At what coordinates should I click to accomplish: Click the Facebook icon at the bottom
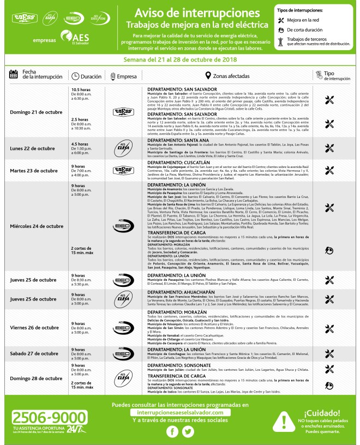click(173, 431)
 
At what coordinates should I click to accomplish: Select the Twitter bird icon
click(189, 431)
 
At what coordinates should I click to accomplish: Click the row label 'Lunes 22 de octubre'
click(33, 148)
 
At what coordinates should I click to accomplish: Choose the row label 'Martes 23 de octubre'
click(34, 171)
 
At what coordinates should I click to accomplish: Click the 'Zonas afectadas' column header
click(229, 76)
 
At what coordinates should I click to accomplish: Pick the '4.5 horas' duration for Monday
click(80, 143)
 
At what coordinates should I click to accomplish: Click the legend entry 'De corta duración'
click(310, 29)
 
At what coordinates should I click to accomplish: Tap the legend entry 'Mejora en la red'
click(310, 20)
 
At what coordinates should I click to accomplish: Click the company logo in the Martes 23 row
click(123, 170)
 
